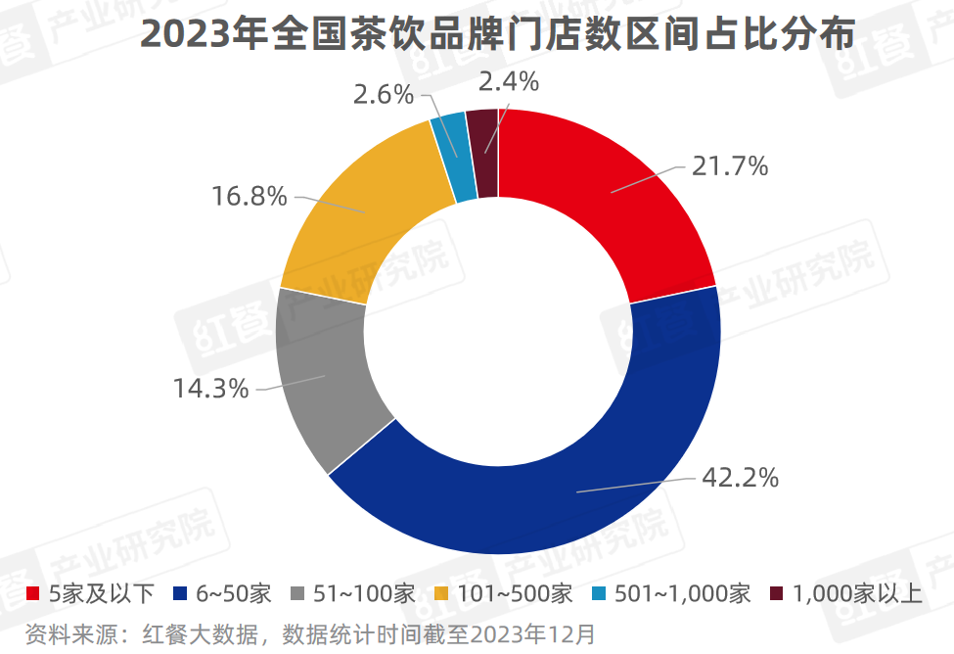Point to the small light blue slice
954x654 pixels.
(x=451, y=157)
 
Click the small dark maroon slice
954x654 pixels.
(x=483, y=152)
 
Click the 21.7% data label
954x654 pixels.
(x=729, y=166)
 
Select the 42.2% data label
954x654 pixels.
(x=740, y=478)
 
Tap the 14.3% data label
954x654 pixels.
(x=210, y=389)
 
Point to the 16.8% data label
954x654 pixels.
(x=250, y=197)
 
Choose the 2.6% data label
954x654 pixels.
(x=385, y=95)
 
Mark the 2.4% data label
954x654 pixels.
(x=508, y=82)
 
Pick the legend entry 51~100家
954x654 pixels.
(x=355, y=593)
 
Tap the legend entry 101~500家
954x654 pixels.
(x=503, y=593)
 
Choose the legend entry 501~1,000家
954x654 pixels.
(x=671, y=593)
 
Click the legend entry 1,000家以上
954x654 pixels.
(x=846, y=593)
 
